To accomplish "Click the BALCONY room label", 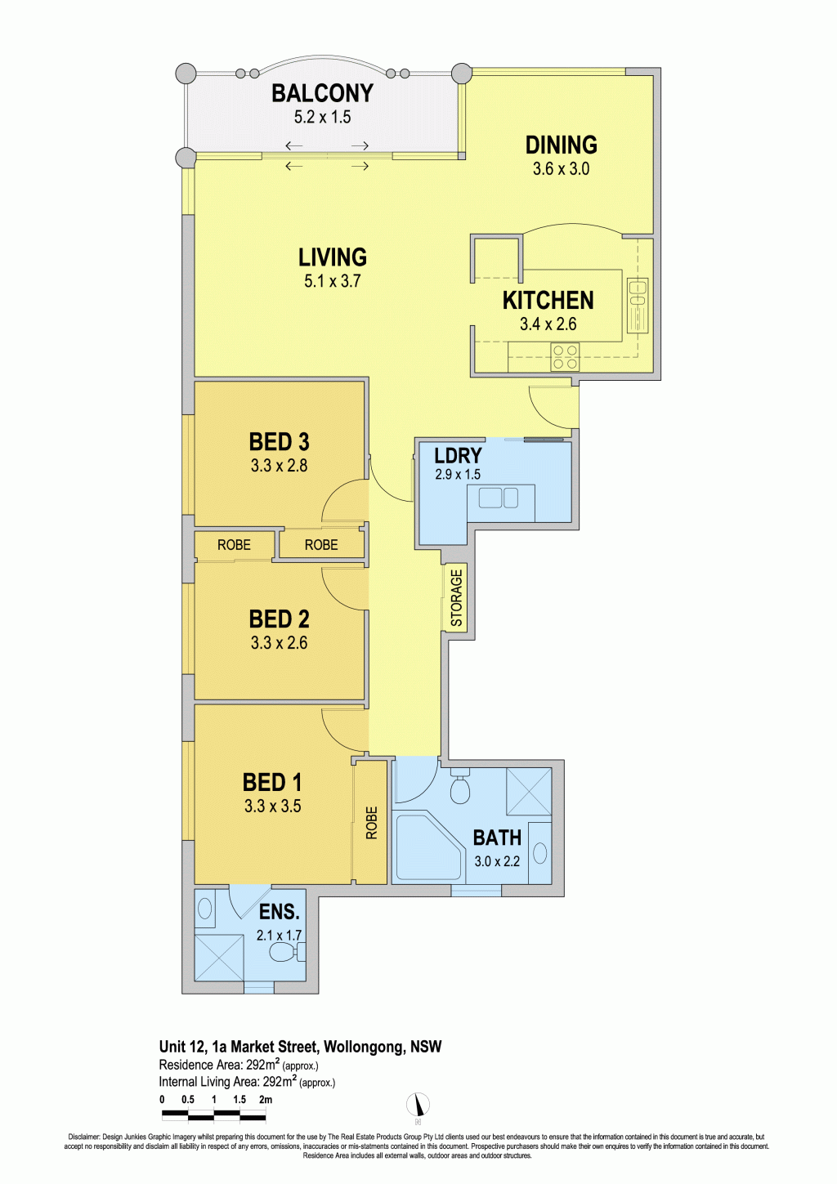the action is click(323, 93).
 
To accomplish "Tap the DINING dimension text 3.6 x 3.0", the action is click(561, 169).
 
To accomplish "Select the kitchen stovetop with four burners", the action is click(565, 357).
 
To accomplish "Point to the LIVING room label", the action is click(333, 257).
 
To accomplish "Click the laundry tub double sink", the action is click(499, 498).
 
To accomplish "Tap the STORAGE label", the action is click(456, 598).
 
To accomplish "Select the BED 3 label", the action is click(280, 442).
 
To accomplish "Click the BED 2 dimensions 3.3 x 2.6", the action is click(280, 643).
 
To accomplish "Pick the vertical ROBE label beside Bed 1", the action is click(372, 823).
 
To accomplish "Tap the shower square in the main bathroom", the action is click(529, 791).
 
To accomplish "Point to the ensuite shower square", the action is click(219, 958).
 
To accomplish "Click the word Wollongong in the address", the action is click(365, 1047).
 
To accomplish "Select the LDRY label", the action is click(458, 456).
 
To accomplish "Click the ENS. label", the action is click(280, 912).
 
